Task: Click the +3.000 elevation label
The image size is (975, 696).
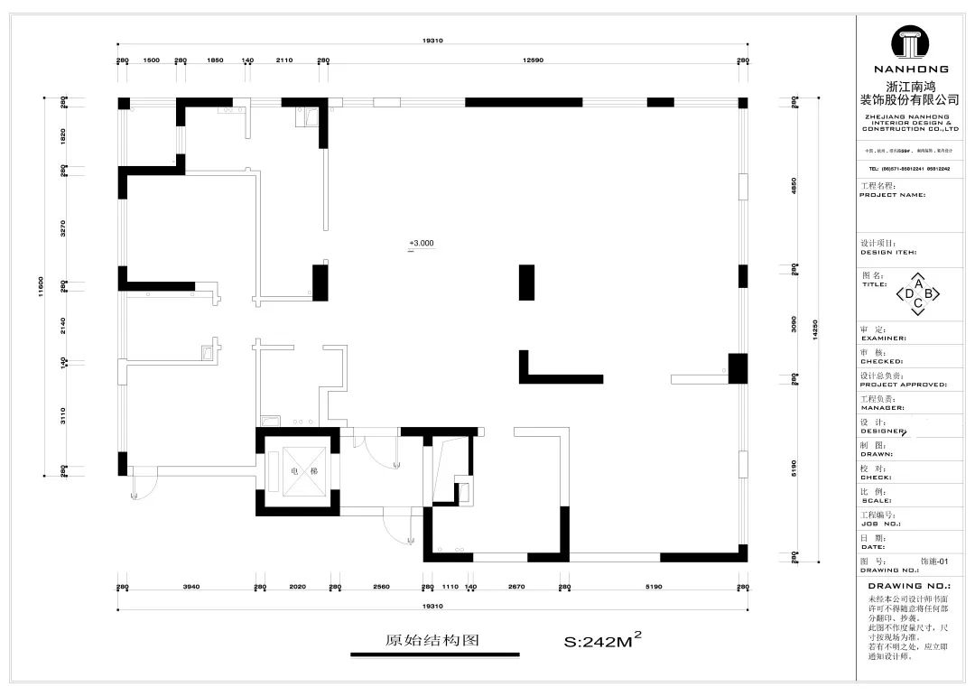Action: pyautogui.click(x=422, y=243)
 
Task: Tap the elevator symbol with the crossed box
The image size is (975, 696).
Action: pyautogui.click(x=298, y=470)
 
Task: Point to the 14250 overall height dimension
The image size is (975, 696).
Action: pyautogui.click(x=815, y=329)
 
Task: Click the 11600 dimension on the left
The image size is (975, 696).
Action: pyautogui.click(x=42, y=286)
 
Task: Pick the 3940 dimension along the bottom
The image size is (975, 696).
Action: pyautogui.click(x=190, y=587)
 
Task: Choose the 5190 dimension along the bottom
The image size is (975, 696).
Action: pyautogui.click(x=655, y=587)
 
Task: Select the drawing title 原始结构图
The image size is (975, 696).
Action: pyautogui.click(x=432, y=641)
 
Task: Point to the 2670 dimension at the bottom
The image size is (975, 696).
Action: pyautogui.click(x=516, y=587)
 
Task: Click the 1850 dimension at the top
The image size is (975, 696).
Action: pyautogui.click(x=215, y=60)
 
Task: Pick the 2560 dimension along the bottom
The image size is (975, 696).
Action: pyautogui.click(x=381, y=587)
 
